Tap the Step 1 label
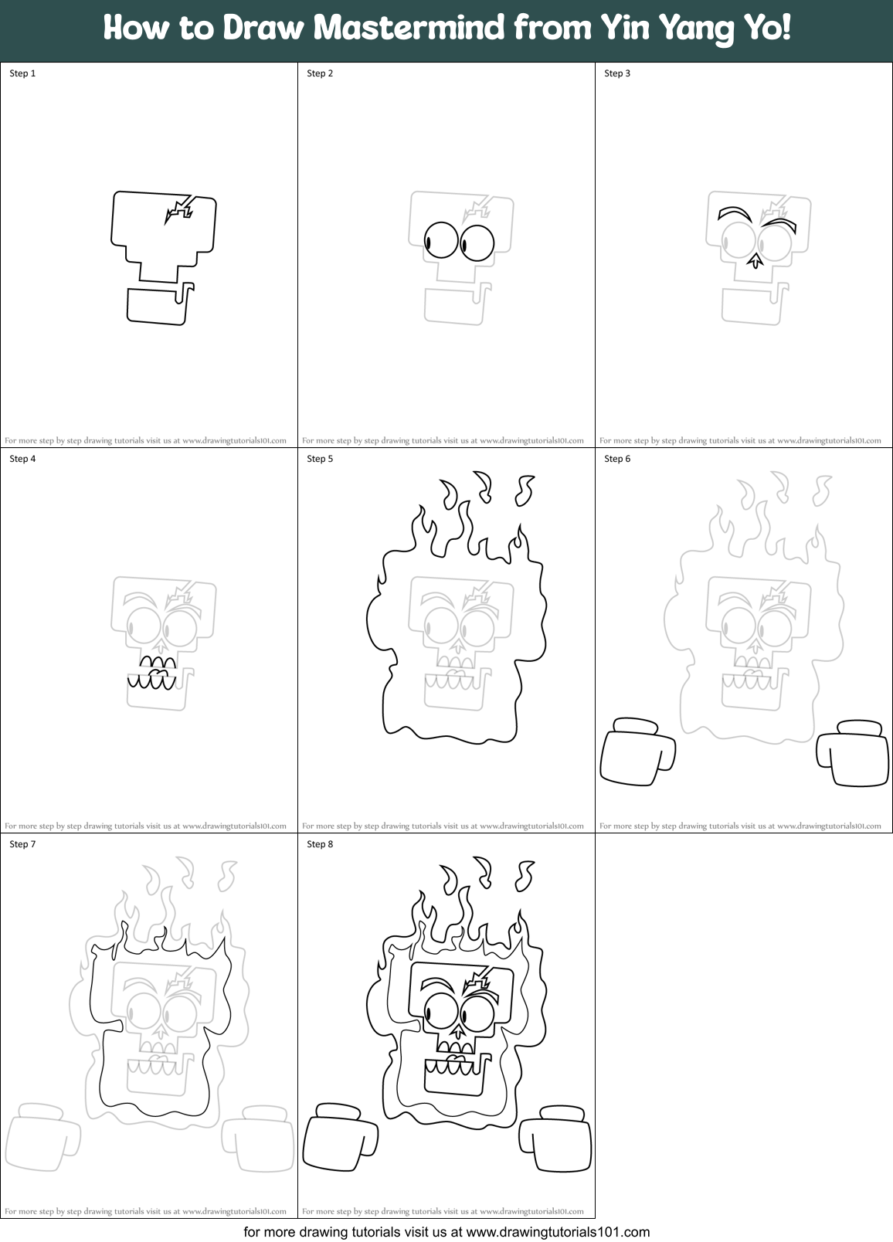pos(22,73)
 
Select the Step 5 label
pos(320,459)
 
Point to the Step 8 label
pos(320,844)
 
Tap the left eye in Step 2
pos(441,240)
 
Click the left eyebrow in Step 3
pos(734,212)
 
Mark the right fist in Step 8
pos(557,1138)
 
